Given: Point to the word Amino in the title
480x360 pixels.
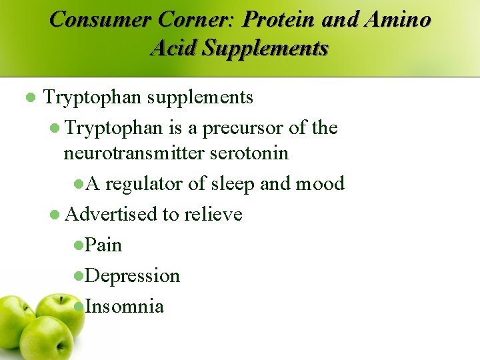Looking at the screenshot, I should click(x=397, y=19).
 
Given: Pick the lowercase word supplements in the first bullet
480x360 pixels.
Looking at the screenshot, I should click(x=200, y=97).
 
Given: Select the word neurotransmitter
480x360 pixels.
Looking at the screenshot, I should click(x=134, y=153).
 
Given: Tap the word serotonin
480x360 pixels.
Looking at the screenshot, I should click(x=249, y=153).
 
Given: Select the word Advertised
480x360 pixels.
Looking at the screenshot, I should click(x=111, y=214).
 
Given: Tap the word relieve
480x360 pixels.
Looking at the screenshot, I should click(x=213, y=214).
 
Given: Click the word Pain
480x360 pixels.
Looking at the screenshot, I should click(x=104, y=245).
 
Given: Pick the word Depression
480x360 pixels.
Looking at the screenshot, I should click(x=133, y=275).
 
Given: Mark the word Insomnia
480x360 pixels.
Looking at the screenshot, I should click(x=125, y=306).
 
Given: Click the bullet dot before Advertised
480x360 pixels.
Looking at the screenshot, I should click(x=55, y=215).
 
